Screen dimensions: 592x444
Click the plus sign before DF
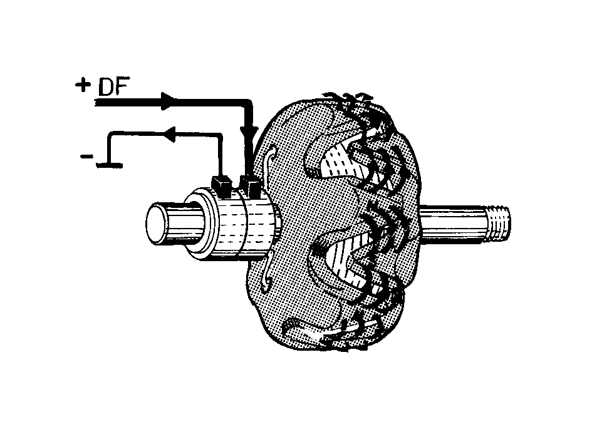coord(83,85)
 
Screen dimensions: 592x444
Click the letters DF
coord(113,86)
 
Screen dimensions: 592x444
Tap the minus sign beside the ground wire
coord(86,156)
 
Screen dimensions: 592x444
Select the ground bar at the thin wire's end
coord(110,165)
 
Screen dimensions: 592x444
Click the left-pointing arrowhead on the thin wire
coord(170,134)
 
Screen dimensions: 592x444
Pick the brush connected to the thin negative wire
coord(221,186)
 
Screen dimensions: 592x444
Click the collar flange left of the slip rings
coord(200,225)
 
